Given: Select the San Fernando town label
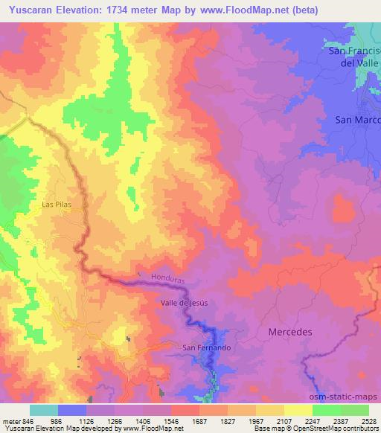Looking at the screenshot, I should (x=207, y=347).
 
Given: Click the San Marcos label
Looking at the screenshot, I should (x=357, y=119).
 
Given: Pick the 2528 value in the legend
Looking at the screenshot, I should (x=369, y=420).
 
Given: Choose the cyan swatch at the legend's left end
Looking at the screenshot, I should (x=44, y=410).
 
